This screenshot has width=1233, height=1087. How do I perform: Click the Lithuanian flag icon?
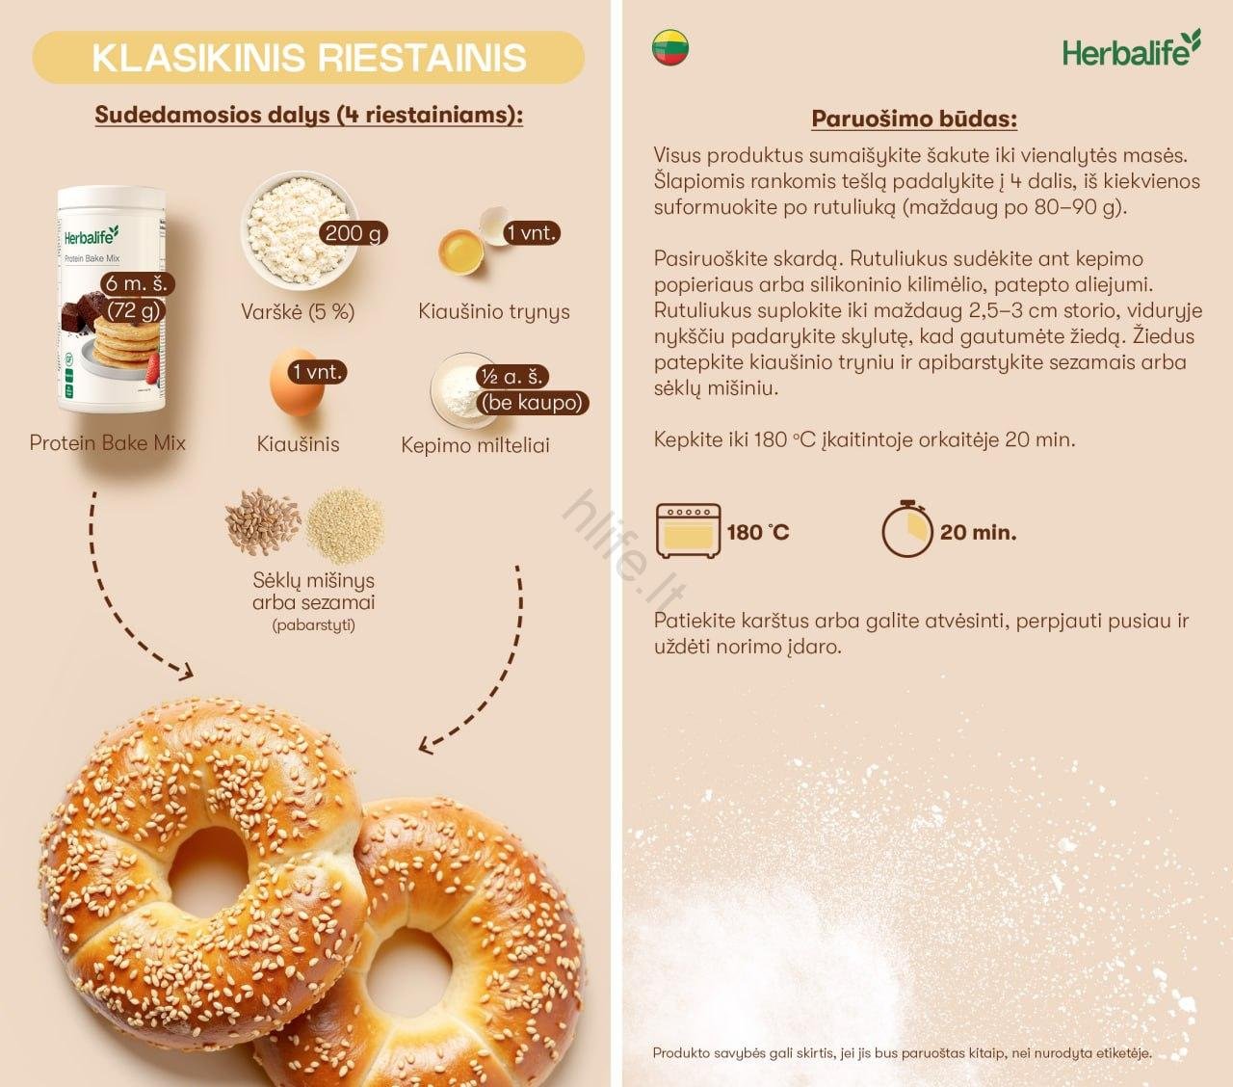[x=670, y=47]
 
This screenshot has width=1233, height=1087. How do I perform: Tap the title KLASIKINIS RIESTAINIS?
[x=308, y=58]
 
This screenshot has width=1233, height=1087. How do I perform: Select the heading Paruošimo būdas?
[x=914, y=119]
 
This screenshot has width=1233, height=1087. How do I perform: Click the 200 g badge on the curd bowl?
[x=354, y=232]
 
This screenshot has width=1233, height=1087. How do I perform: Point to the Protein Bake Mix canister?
[x=111, y=294]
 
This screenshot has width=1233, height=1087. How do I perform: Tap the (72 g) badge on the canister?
[x=134, y=309]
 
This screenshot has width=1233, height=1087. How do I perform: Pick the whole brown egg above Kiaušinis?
[x=297, y=384]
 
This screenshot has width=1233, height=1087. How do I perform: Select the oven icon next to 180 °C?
[x=688, y=531]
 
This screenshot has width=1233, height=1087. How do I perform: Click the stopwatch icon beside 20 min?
[x=906, y=531]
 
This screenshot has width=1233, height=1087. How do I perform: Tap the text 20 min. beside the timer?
[x=978, y=532]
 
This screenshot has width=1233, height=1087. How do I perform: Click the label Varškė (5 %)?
[x=298, y=311]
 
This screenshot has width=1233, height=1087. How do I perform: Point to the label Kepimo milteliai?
[x=475, y=445]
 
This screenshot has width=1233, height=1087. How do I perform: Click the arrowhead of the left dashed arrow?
[x=183, y=670]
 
